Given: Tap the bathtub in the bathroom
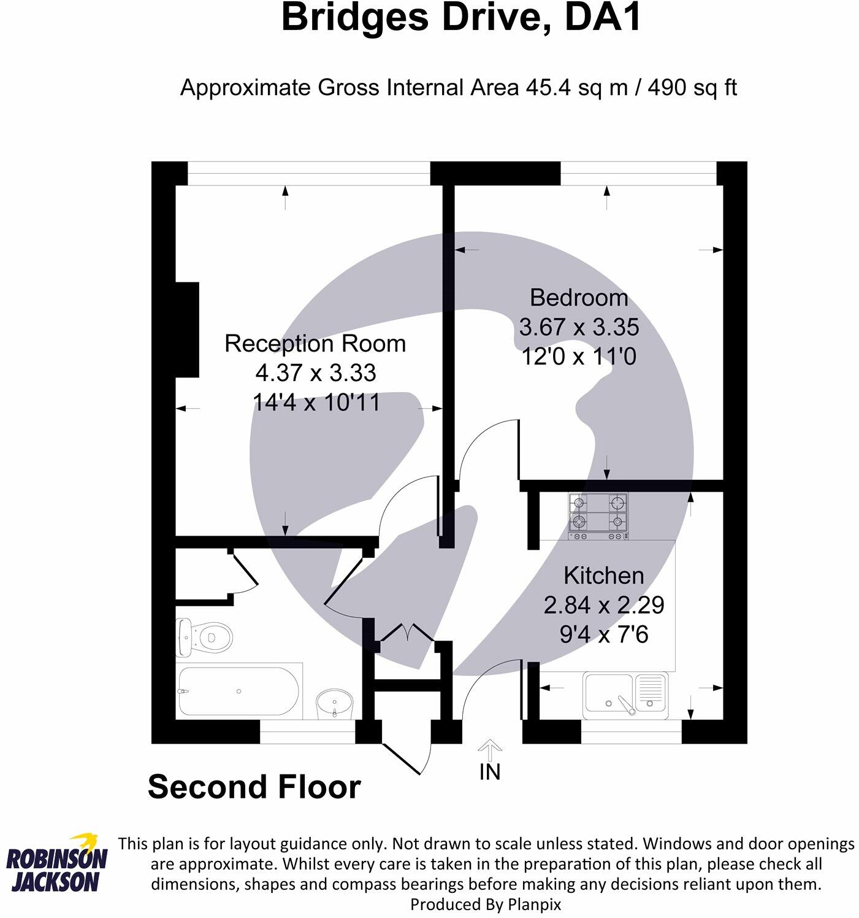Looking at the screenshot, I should point(238,691).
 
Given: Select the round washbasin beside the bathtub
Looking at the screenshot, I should point(334,703).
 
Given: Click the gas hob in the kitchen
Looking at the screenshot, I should point(598,513).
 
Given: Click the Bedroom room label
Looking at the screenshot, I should point(579,298).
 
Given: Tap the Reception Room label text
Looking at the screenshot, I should point(315,344).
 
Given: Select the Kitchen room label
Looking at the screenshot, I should point(603,576).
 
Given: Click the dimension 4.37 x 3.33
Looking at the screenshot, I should point(316,373).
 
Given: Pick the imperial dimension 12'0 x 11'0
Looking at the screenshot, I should point(579,357).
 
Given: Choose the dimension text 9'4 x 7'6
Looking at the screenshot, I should point(603,634).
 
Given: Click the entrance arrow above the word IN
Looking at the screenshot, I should point(489,749).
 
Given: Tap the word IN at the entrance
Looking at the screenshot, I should point(489,772).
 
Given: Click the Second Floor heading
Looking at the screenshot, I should point(254,787).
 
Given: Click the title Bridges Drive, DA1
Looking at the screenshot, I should point(461,18).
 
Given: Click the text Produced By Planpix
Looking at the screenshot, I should point(485,904).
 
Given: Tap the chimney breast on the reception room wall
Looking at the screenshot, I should point(188,330).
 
